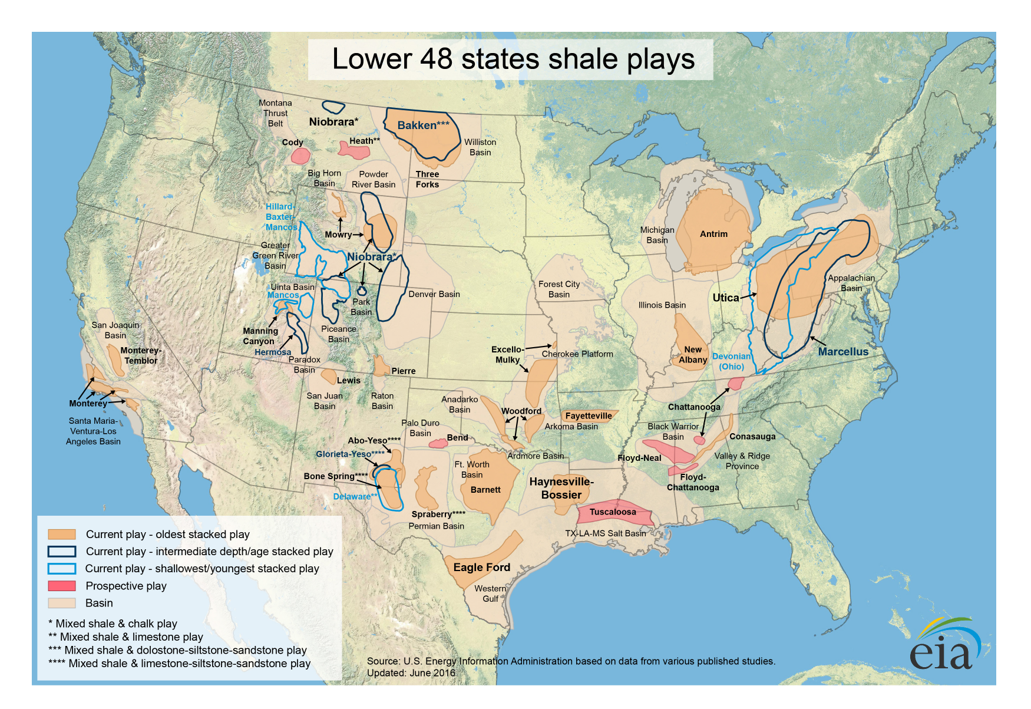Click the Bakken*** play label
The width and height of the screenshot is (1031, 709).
(x=423, y=125)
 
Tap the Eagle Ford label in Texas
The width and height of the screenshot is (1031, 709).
(x=481, y=567)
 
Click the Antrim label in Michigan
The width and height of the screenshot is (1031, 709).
(x=713, y=234)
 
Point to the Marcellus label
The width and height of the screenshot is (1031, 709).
(x=842, y=352)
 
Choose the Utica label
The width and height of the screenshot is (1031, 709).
(x=725, y=298)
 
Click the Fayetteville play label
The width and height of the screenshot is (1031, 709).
(x=589, y=415)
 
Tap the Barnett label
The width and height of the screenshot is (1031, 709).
(x=485, y=490)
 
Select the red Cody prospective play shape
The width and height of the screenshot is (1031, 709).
(x=300, y=156)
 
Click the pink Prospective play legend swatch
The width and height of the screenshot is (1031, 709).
(x=62, y=586)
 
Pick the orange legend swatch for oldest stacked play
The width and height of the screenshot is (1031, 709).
(x=62, y=534)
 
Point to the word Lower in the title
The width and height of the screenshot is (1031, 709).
(x=372, y=59)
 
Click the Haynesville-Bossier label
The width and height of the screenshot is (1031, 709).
(x=561, y=488)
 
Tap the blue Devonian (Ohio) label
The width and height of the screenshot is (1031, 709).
(x=731, y=361)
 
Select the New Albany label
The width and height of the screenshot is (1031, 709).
(x=692, y=354)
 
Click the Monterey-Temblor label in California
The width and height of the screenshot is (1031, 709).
(x=141, y=355)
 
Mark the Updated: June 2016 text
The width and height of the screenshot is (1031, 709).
(x=411, y=672)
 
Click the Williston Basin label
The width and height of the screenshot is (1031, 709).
(x=480, y=147)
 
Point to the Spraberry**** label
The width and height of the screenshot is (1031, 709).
(x=438, y=514)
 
